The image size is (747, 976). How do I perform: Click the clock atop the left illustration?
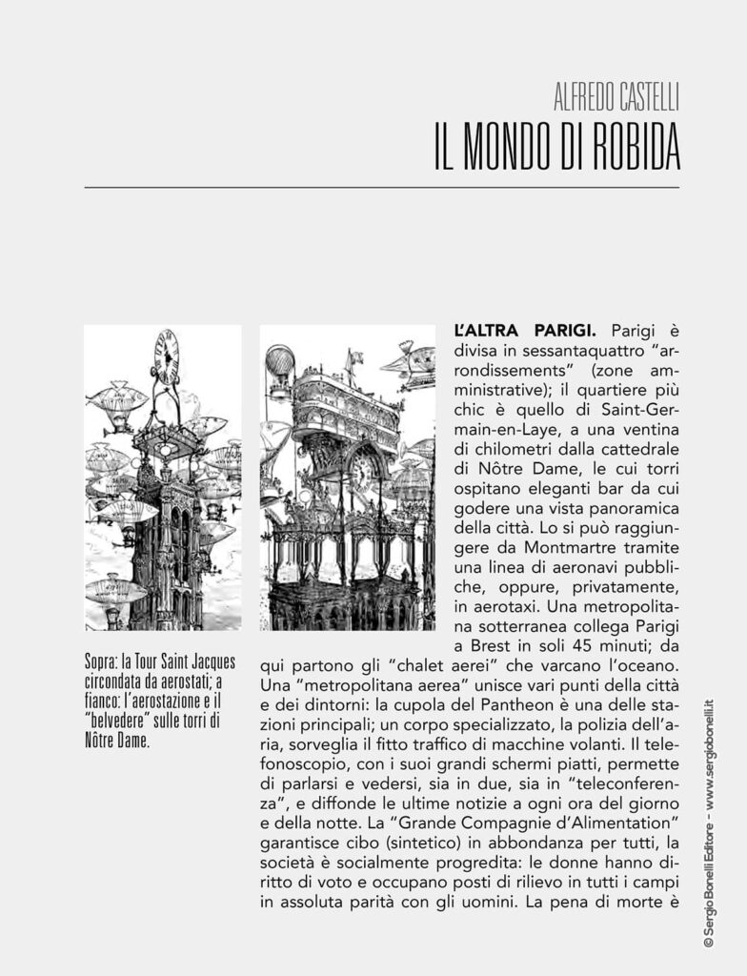click(166, 356)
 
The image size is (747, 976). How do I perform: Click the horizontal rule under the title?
click(381, 188)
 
